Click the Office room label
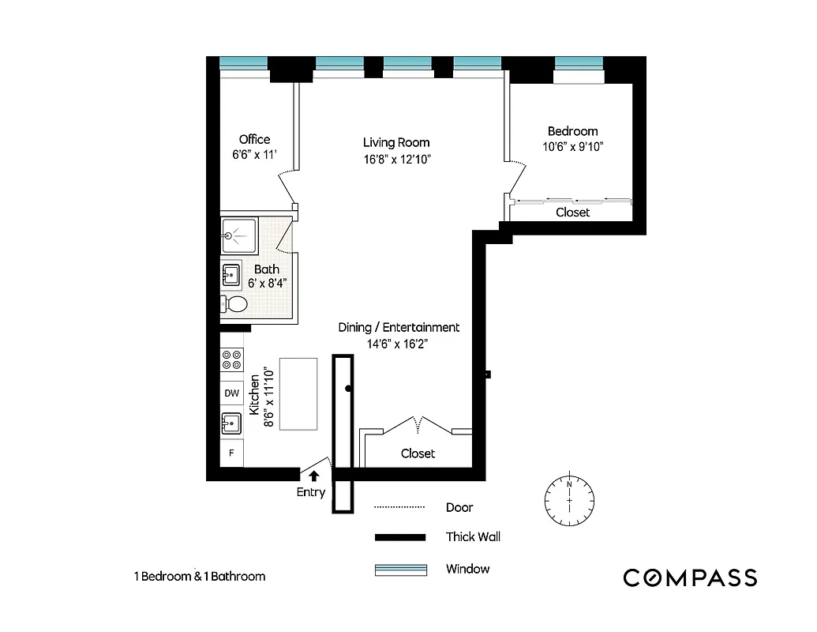(x=254, y=140)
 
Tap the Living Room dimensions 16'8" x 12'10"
(x=396, y=159)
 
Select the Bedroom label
(x=572, y=131)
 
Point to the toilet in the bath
(x=234, y=304)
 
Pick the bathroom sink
(x=233, y=276)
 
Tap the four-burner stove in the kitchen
(x=232, y=361)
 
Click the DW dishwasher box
(x=231, y=393)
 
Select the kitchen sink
(x=231, y=423)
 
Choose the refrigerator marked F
(x=231, y=453)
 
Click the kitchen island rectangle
(x=298, y=393)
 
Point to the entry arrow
(x=313, y=476)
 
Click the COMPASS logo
(x=690, y=577)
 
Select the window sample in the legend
(x=400, y=570)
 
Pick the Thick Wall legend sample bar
(x=400, y=537)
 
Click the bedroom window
(x=579, y=63)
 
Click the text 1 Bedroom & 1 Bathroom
(x=199, y=577)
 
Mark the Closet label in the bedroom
(x=572, y=213)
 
